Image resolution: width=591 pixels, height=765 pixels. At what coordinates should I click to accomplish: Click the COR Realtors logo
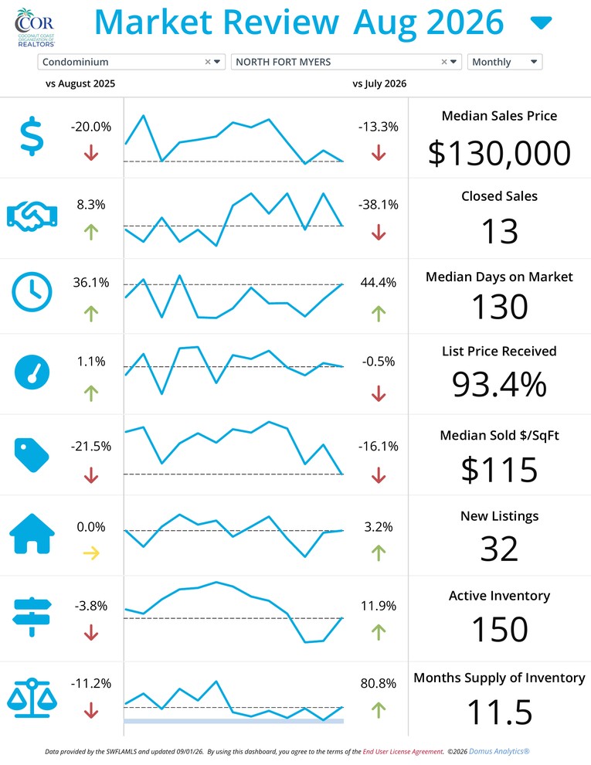pyautogui.click(x=35, y=28)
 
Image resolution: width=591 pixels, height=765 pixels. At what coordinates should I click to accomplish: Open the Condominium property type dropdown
pyautogui.click(x=131, y=62)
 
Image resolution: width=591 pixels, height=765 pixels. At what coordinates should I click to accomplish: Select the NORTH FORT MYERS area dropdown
pyautogui.click(x=346, y=62)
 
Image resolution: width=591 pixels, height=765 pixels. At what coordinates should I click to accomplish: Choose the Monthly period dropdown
pyautogui.click(x=504, y=62)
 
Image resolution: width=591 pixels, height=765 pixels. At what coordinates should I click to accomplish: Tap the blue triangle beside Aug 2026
pyautogui.click(x=541, y=22)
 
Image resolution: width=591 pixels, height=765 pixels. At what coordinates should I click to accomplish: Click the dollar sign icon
pyautogui.click(x=32, y=136)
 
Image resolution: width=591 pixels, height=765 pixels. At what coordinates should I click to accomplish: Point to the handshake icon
pyautogui.click(x=32, y=216)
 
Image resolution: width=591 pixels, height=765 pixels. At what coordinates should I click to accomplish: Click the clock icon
pyautogui.click(x=32, y=292)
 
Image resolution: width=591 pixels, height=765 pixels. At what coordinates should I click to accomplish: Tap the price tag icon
pyautogui.click(x=32, y=455)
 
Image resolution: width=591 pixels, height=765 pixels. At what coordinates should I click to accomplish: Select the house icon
pyautogui.click(x=32, y=534)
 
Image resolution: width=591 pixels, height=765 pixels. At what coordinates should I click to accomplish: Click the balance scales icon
pyautogui.click(x=32, y=698)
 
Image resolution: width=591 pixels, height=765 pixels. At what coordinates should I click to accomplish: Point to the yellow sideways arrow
pyautogui.click(x=91, y=552)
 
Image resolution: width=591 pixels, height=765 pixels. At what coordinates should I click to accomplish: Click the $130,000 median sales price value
pyautogui.click(x=499, y=153)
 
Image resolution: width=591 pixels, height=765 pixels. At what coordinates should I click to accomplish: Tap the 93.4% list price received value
pyautogui.click(x=499, y=384)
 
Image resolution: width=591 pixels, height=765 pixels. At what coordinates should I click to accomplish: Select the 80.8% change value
pyautogui.click(x=379, y=684)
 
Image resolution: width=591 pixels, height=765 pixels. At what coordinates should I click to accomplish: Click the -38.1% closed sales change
pyautogui.click(x=379, y=205)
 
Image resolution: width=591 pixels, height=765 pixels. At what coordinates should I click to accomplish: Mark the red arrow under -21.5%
pyautogui.click(x=91, y=475)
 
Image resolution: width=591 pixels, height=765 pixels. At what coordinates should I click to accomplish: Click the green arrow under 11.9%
pyautogui.click(x=379, y=632)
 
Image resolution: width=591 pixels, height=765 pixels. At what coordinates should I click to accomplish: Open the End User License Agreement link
pyautogui.click(x=403, y=752)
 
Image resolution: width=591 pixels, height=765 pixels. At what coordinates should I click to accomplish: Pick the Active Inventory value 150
pyautogui.click(x=500, y=629)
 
